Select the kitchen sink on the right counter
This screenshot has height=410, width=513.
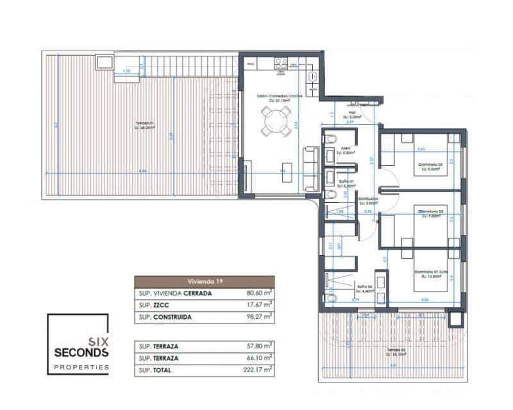click(312, 76)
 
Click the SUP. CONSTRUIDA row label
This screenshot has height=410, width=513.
click(165, 317)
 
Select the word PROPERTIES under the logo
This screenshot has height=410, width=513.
click(81, 367)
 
